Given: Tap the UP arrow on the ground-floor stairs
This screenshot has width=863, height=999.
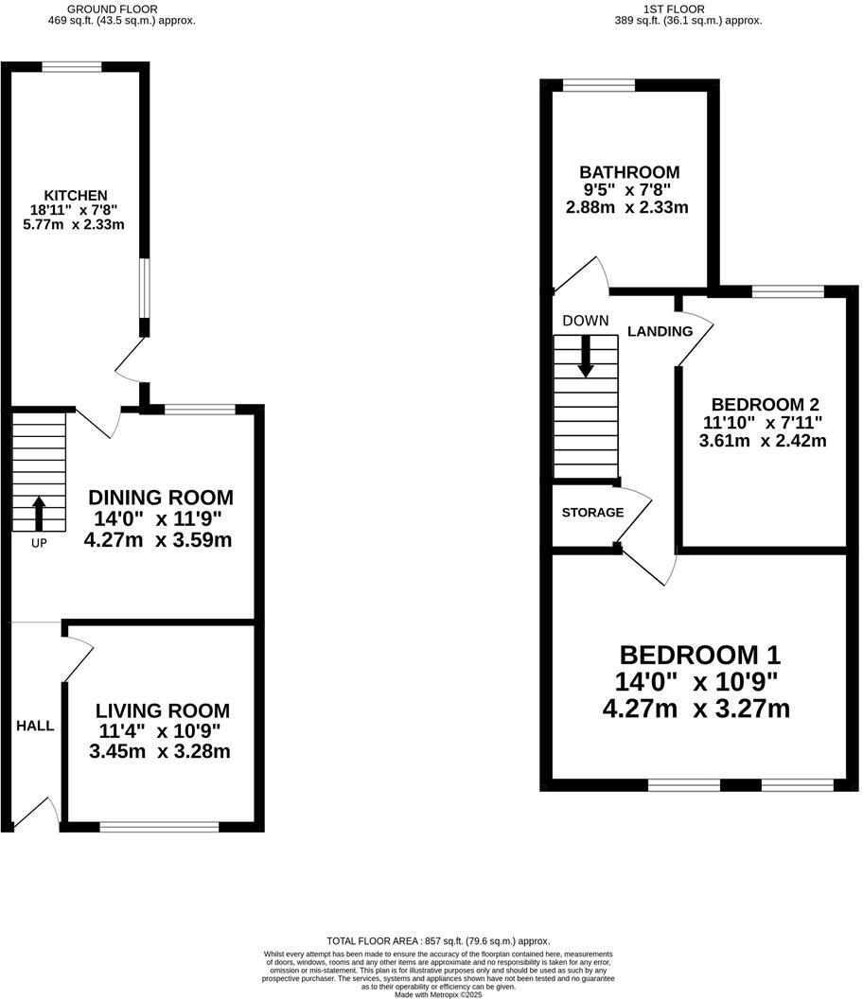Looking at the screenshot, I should click(x=39, y=514).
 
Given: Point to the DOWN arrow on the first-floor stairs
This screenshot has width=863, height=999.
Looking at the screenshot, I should click(x=586, y=357).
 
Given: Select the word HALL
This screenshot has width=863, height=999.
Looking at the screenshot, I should click(x=35, y=726).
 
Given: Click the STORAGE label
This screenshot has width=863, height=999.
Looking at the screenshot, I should click(x=592, y=513).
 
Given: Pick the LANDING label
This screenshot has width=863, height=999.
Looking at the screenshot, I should click(x=660, y=331).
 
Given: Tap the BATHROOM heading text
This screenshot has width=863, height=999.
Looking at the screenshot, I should click(x=629, y=172).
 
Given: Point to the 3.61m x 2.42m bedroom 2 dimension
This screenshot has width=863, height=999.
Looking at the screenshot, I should click(x=762, y=440).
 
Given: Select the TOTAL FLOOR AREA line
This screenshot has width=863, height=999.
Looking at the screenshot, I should click(x=438, y=941).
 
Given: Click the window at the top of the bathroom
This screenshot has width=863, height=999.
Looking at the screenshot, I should click(x=599, y=85).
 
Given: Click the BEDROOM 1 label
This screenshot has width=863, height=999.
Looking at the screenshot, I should click(x=699, y=655).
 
